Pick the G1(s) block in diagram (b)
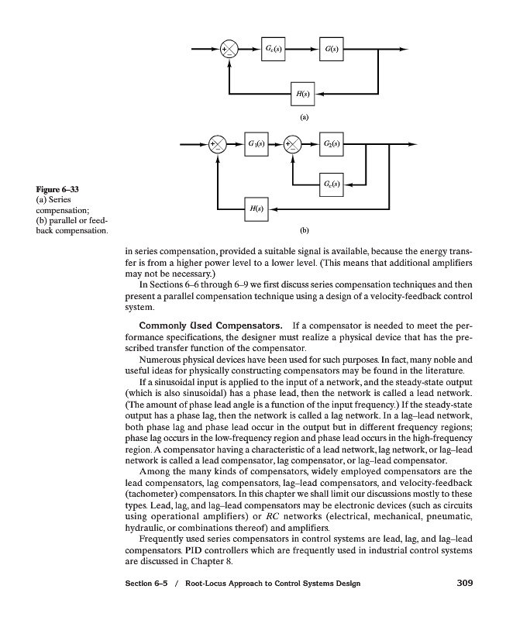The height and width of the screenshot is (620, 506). [x=256, y=144]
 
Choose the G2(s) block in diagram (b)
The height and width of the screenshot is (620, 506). [x=333, y=144]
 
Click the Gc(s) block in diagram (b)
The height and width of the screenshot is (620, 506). [x=333, y=184]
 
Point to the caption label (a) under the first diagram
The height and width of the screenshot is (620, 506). [x=304, y=117]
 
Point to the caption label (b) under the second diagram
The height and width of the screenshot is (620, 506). [x=304, y=230]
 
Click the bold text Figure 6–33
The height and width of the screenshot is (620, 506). [x=58, y=190]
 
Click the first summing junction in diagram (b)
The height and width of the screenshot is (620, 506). [x=217, y=144]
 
